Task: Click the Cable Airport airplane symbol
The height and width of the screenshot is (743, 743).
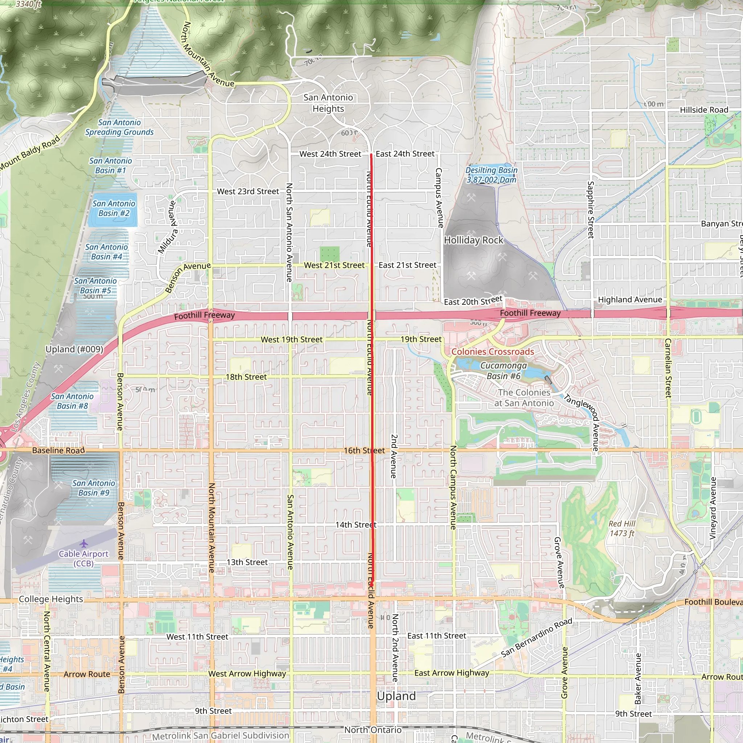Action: (x=84, y=543)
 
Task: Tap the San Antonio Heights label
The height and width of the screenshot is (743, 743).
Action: (x=328, y=103)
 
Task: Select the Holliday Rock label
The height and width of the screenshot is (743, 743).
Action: (x=473, y=240)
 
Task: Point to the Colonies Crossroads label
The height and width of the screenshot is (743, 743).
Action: (x=493, y=352)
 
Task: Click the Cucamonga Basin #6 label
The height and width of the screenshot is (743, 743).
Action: (x=504, y=371)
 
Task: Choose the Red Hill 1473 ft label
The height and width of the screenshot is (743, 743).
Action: (x=622, y=528)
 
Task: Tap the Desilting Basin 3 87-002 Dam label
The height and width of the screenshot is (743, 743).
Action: (x=491, y=175)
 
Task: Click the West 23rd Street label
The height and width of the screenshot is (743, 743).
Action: (x=248, y=191)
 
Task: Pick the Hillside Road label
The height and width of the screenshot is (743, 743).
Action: (x=704, y=110)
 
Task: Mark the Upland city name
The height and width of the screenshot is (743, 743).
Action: (x=396, y=696)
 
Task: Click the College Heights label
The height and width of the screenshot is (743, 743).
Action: (x=51, y=599)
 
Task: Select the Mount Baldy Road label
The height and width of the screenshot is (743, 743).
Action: (x=30, y=153)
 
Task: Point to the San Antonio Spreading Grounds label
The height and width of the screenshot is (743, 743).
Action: (x=119, y=127)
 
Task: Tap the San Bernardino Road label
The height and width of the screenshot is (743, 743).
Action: (x=537, y=637)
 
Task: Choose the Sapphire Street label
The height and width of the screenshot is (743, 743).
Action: (x=591, y=210)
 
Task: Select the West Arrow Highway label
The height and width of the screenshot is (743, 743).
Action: (x=247, y=673)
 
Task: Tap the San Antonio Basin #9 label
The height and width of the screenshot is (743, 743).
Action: (x=94, y=488)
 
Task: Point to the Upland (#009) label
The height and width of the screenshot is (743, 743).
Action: (x=74, y=349)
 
